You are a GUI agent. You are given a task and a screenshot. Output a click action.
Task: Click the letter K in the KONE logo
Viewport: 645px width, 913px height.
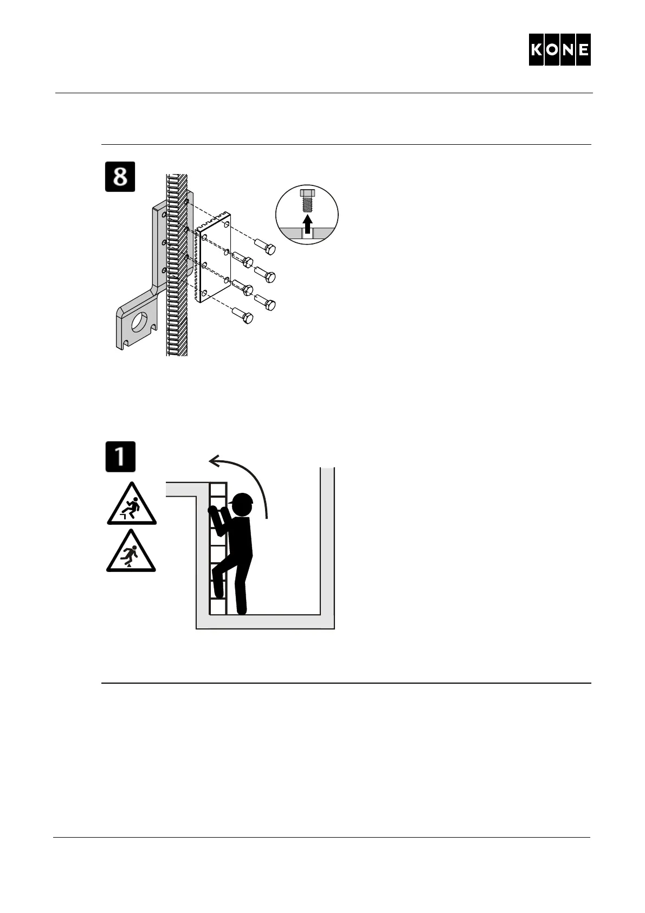(537, 50)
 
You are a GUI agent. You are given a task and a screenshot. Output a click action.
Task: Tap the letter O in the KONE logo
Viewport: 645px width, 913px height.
(552, 50)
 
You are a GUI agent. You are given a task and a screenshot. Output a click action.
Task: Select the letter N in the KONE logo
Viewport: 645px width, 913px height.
(567, 50)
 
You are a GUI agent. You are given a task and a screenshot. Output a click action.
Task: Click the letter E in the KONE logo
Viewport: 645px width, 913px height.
(583, 50)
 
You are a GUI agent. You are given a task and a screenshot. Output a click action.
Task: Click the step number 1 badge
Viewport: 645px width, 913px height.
(120, 456)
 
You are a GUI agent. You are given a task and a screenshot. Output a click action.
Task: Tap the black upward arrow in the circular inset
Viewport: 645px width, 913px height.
(307, 222)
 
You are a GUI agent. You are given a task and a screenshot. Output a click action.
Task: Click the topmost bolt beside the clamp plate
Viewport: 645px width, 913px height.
(265, 247)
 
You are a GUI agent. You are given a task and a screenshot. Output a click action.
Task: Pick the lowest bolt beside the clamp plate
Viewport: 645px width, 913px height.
(241, 316)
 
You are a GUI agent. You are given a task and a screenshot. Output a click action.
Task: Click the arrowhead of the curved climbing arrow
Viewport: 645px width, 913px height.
(215, 461)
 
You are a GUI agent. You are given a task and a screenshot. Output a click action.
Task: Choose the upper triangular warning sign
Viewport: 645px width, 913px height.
(131, 505)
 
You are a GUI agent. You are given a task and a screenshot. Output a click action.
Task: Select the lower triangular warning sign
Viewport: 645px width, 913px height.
(131, 552)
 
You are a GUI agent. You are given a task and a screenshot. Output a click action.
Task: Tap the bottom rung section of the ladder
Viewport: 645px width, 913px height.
(217, 606)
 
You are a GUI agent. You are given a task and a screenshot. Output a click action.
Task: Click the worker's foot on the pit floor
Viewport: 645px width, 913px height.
(242, 610)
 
